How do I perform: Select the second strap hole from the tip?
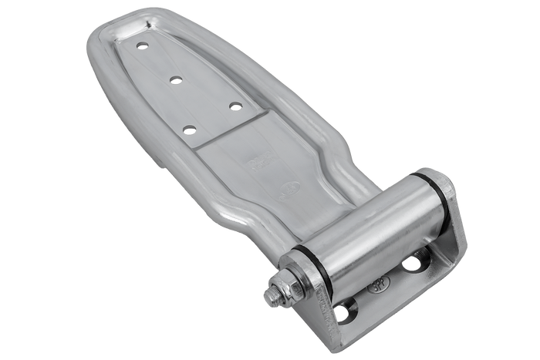click(x=177, y=79)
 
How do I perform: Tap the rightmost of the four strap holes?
click(x=235, y=106)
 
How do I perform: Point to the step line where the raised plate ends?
click(x=231, y=130)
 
